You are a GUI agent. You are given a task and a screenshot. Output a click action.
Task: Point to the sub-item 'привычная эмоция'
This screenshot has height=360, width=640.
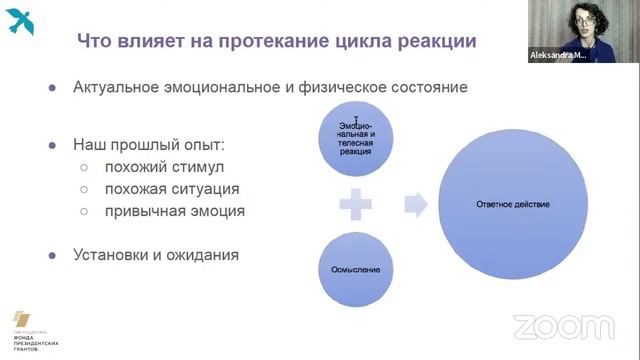click(159, 211)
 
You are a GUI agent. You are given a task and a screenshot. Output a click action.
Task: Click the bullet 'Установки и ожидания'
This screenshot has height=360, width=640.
click(156, 254)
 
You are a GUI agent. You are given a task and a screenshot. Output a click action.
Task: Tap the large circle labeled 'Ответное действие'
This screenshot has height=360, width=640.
click(513, 205)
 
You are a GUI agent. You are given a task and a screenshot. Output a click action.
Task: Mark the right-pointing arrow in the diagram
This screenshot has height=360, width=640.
click(415, 205)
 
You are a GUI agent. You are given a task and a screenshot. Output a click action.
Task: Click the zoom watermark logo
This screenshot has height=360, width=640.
click(562, 326)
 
